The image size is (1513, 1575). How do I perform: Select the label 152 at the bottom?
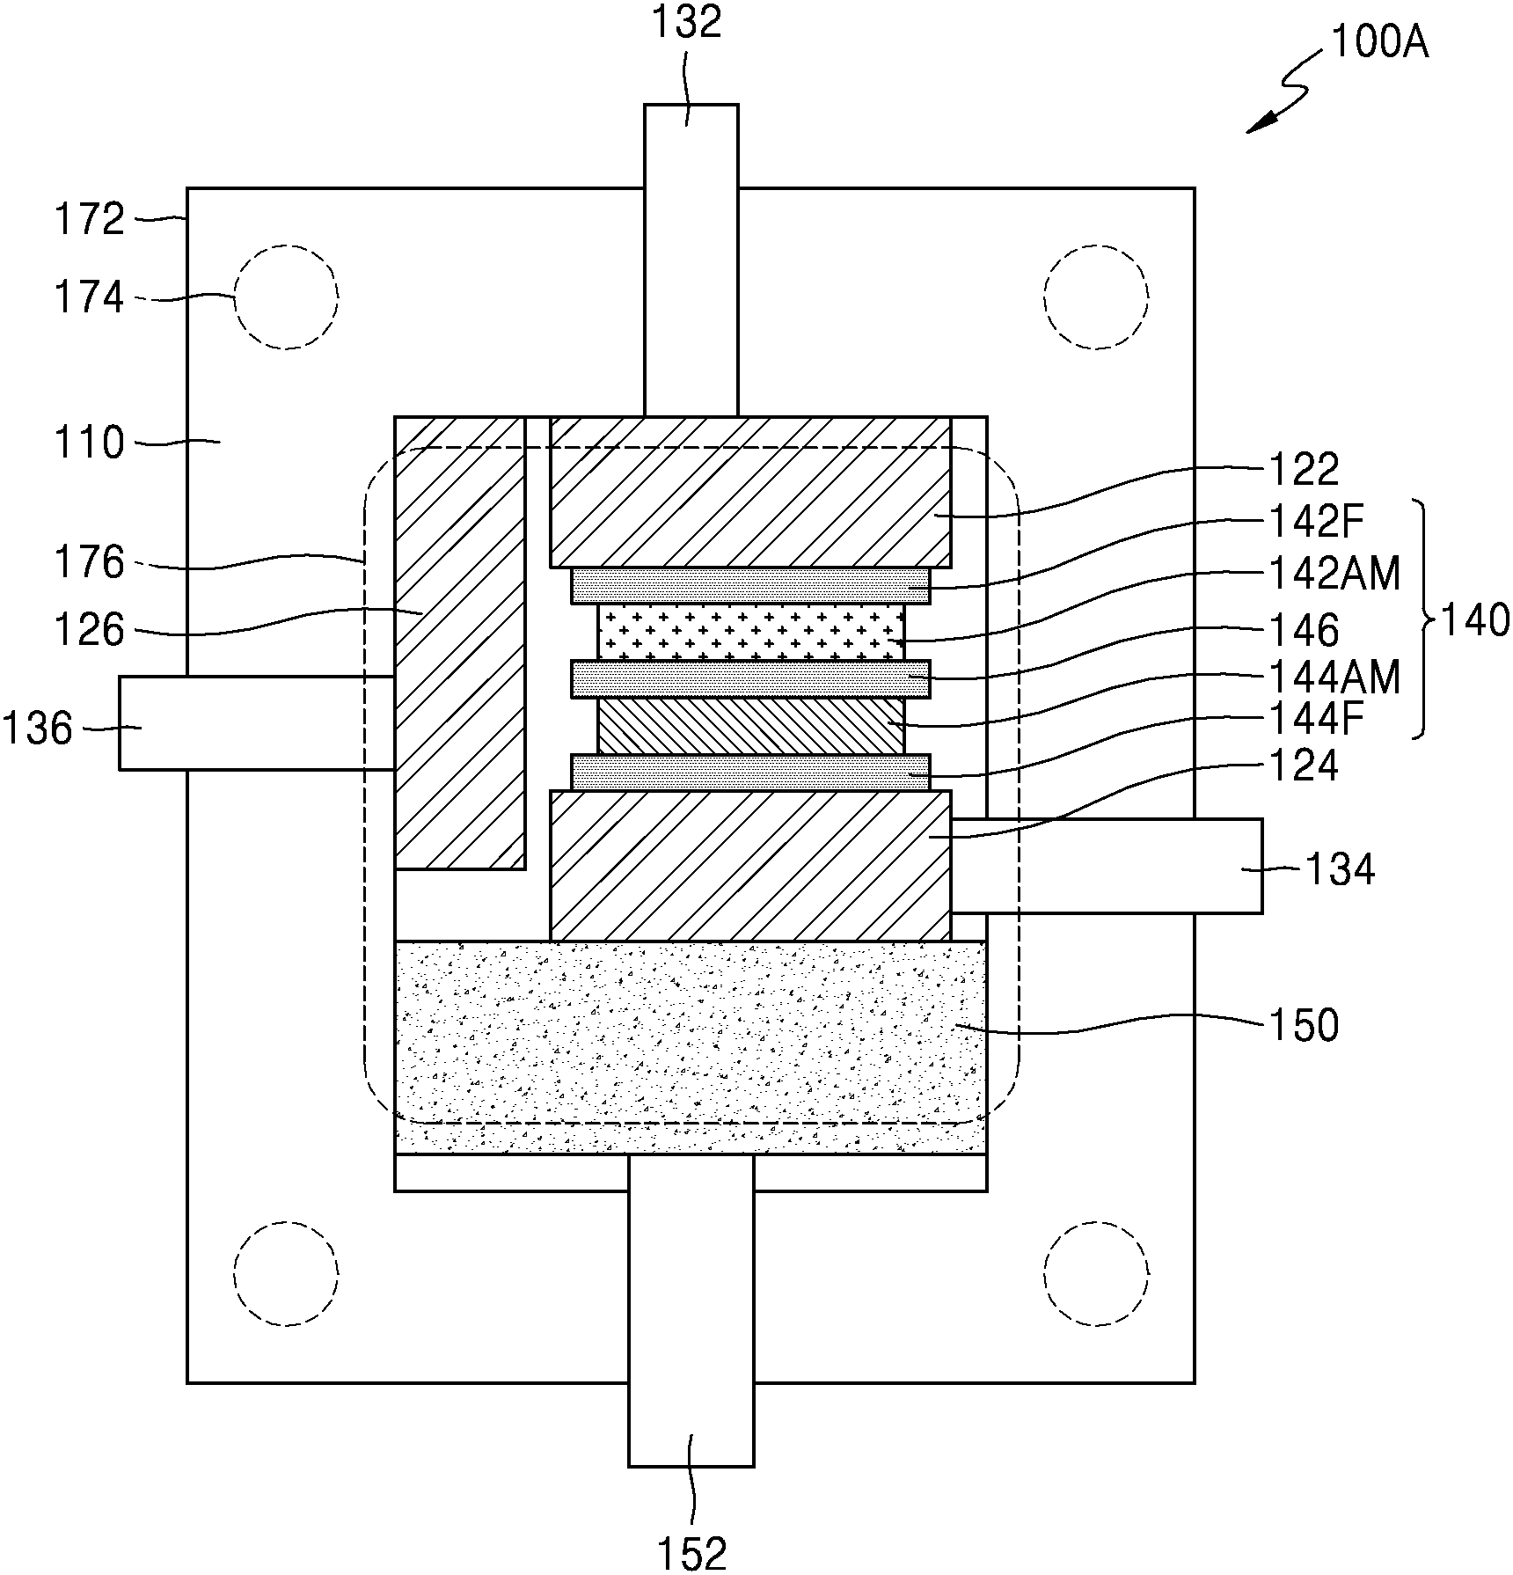click(692, 1554)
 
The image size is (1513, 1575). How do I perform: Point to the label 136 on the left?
click(37, 729)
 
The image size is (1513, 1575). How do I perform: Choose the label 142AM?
click(1334, 575)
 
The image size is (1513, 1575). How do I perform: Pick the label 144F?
click(1316, 721)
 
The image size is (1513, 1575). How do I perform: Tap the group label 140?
click(1474, 621)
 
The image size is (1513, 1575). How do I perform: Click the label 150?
click(1304, 1025)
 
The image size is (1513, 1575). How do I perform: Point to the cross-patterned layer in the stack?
click(751, 632)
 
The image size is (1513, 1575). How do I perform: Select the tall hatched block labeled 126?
click(460, 643)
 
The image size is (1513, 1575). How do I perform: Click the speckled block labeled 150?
click(691, 1047)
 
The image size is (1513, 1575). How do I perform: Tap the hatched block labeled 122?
click(750, 492)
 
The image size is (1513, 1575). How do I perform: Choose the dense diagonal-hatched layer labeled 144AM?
click(751, 727)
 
